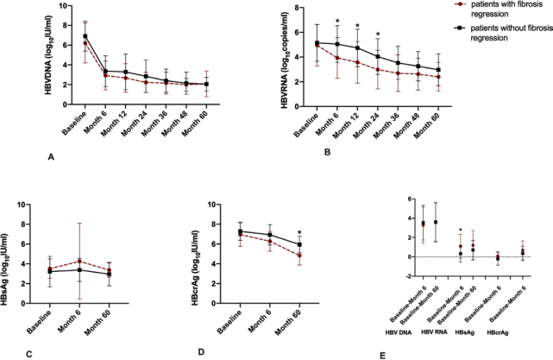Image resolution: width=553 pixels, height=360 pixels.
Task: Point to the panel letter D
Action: coord(201,353)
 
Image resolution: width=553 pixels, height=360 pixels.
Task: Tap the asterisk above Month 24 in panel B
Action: coord(378,35)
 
